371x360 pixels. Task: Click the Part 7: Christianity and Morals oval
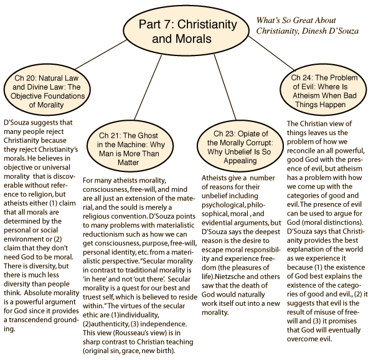pyautogui.click(x=186, y=31)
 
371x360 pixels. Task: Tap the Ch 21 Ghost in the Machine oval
pyautogui.click(x=130, y=148)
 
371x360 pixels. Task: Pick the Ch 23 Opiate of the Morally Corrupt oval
pyautogui.click(x=240, y=147)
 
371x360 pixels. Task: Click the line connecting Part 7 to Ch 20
pyautogui.click(x=101, y=54)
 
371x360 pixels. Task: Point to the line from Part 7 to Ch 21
pyautogui.click(x=148, y=88)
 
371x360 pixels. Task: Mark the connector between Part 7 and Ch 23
pyautogui.click(x=225, y=87)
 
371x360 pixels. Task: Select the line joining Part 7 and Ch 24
pyautogui.click(x=271, y=54)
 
